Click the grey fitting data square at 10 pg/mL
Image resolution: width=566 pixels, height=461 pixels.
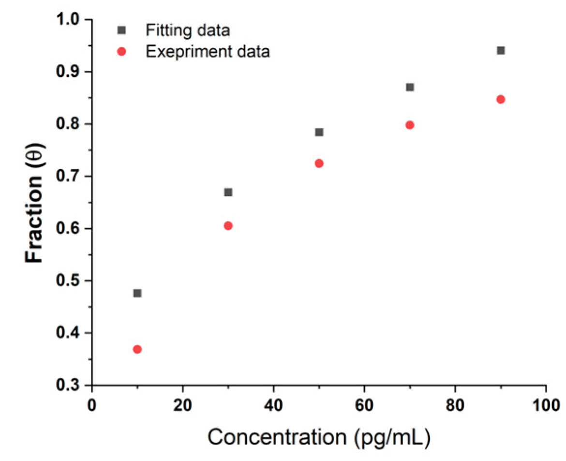[137, 293]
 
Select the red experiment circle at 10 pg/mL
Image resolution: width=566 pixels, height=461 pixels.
[137, 349]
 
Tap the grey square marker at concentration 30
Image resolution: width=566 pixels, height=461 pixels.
[228, 193]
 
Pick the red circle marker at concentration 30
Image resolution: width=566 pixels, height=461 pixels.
[228, 225]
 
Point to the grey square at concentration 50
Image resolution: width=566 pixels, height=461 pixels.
[319, 132]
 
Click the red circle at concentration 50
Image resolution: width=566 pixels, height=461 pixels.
[319, 164]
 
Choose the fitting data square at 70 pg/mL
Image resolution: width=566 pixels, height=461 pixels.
[410, 87]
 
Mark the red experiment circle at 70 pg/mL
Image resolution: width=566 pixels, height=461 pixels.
[410, 125]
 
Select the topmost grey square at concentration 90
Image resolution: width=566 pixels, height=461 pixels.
[501, 50]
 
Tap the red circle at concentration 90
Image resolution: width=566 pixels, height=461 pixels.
[501, 99]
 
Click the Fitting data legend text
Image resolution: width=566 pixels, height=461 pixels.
[188, 30]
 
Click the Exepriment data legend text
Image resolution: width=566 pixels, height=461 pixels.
[208, 51]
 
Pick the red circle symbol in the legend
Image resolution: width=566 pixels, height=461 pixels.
[122, 52]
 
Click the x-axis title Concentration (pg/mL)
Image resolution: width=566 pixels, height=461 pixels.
[319, 437]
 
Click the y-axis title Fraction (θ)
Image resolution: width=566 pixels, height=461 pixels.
[35, 203]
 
